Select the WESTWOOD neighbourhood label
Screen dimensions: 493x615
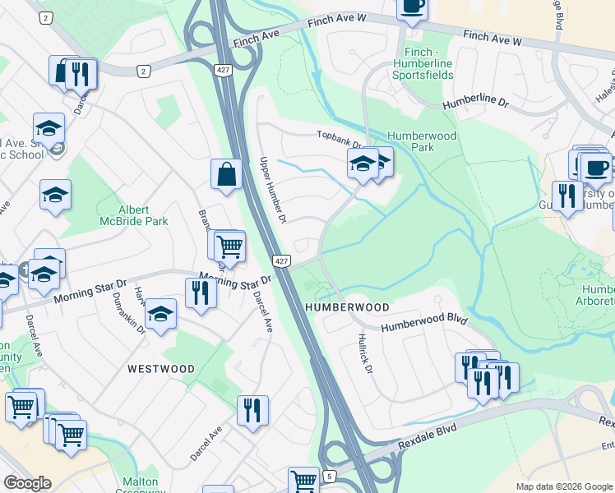(161, 369)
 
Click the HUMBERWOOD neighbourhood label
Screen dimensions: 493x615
(347, 306)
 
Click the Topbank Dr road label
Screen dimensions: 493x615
(340, 137)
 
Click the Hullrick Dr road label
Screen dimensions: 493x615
(366, 353)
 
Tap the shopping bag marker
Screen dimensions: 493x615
(226, 173)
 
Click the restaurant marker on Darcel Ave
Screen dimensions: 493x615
(252, 408)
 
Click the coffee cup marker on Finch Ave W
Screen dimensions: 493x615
(412, 6)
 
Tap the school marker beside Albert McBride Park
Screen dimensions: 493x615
(55, 195)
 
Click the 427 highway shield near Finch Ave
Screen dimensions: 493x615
(222, 70)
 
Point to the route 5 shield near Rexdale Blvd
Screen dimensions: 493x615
(330, 476)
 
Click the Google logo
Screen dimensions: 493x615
(27, 483)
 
